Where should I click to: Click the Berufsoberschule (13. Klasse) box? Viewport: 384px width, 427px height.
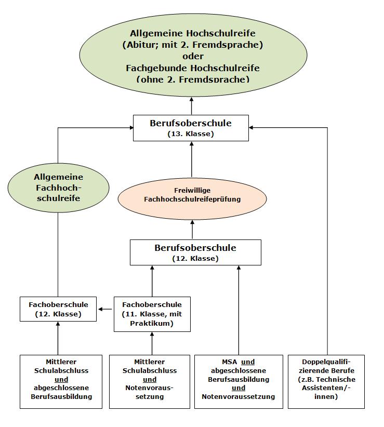[x=191, y=128]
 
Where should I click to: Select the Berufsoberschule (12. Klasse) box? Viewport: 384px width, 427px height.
[x=195, y=252]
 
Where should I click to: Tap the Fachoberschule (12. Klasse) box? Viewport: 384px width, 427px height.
[x=58, y=309]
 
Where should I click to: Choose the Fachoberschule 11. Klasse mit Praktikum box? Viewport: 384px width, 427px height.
[x=152, y=314]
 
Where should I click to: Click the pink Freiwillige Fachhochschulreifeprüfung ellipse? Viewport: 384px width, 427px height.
[x=192, y=199]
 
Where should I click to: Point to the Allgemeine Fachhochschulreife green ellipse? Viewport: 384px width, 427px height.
[x=58, y=188]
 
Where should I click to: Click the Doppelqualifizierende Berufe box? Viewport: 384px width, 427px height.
[x=326, y=381]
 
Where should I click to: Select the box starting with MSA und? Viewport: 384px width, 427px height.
[x=239, y=381]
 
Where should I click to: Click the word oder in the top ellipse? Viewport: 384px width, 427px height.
[x=193, y=56]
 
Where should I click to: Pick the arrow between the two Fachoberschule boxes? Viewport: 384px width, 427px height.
[x=105, y=309]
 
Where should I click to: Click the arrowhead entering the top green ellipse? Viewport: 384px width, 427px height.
[x=191, y=100]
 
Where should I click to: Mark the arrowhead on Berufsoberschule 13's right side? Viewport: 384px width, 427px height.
[x=251, y=127]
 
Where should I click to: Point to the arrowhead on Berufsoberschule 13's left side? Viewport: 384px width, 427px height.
[x=131, y=127]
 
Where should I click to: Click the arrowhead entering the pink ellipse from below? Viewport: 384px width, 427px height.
[x=192, y=223]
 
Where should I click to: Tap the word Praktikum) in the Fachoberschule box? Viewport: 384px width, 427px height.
[x=152, y=323]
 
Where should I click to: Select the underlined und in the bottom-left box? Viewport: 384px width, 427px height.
[x=61, y=379]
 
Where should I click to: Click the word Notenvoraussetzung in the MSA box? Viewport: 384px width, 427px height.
[x=239, y=396]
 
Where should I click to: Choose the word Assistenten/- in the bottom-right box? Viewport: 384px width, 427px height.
[x=326, y=388]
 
